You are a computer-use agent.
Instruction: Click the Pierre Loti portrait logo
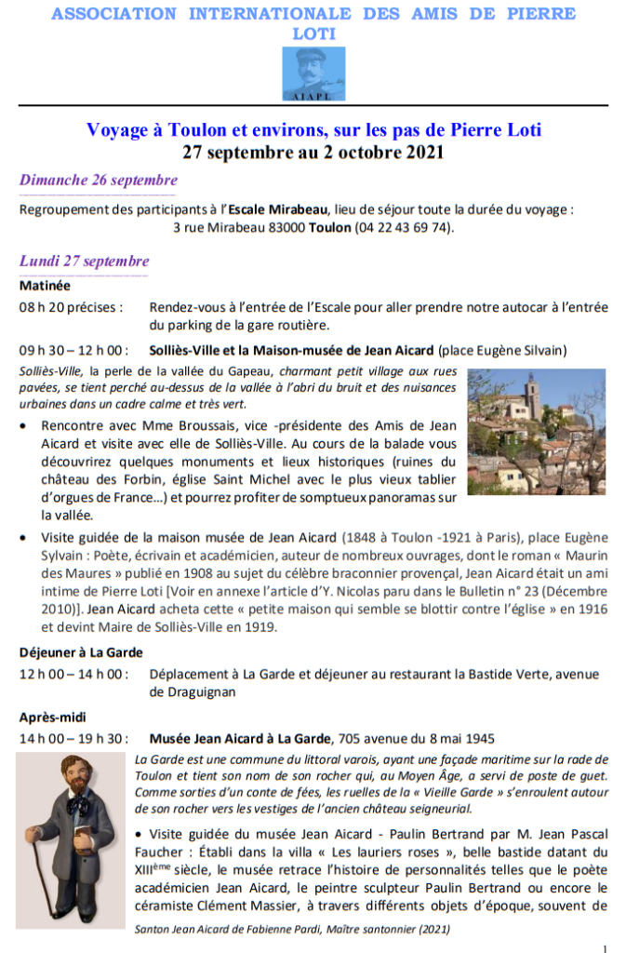point(313,74)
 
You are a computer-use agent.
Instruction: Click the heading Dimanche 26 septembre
point(99,181)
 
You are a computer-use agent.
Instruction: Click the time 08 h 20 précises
point(71,307)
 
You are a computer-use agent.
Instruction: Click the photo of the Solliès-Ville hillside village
point(537,431)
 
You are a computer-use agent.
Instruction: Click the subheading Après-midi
point(53,718)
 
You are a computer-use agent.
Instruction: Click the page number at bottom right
point(606,946)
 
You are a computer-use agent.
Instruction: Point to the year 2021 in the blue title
point(421,152)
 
